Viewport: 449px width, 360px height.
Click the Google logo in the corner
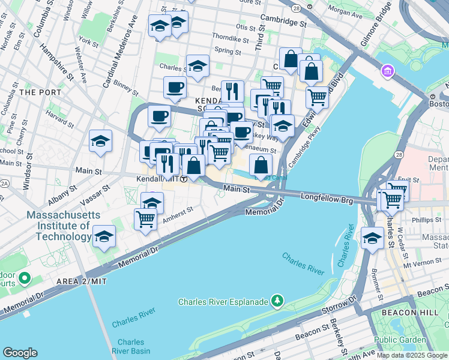click(20, 353)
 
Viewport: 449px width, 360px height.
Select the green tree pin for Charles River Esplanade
click(277, 299)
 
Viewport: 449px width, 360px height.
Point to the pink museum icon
click(388, 73)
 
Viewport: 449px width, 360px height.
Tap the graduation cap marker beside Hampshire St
click(100, 142)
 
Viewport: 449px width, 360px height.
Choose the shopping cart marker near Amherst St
click(145, 219)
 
